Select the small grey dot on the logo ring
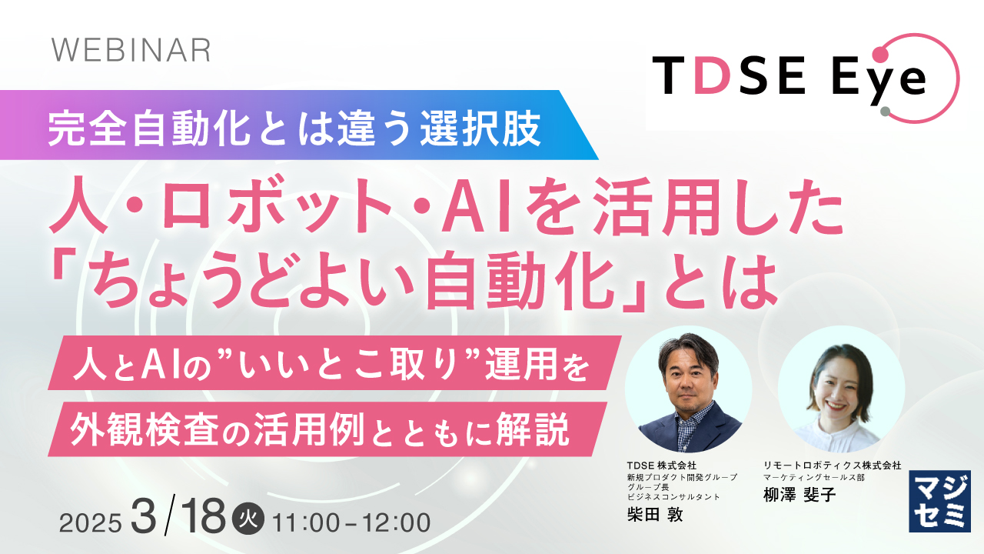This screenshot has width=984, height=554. tap(885, 111)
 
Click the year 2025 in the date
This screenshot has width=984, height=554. tap(91, 522)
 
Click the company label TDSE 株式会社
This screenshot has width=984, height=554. tap(661, 466)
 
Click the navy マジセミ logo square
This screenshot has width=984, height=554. tap(939, 501)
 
